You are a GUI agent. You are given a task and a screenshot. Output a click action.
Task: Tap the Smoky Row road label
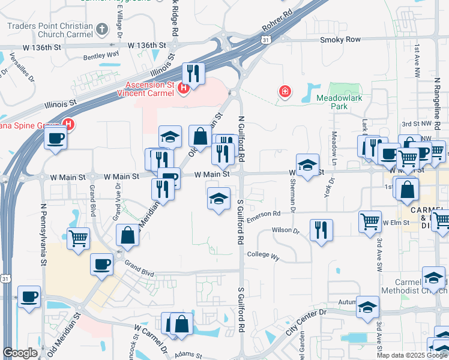click(x=340, y=40)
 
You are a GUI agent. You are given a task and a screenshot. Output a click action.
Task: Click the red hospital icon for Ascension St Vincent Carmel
click(x=184, y=90)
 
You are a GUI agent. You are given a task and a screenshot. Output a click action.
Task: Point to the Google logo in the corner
click(x=20, y=353)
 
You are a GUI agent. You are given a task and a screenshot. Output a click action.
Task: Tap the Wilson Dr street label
click(x=285, y=230)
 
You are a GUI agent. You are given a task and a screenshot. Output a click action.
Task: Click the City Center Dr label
click(x=305, y=323)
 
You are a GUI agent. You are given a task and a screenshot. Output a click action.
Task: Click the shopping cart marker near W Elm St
click(x=370, y=220)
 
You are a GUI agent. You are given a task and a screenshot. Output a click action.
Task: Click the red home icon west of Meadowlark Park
click(x=285, y=92)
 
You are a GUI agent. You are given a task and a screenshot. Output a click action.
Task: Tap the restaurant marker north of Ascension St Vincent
click(x=193, y=73)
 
